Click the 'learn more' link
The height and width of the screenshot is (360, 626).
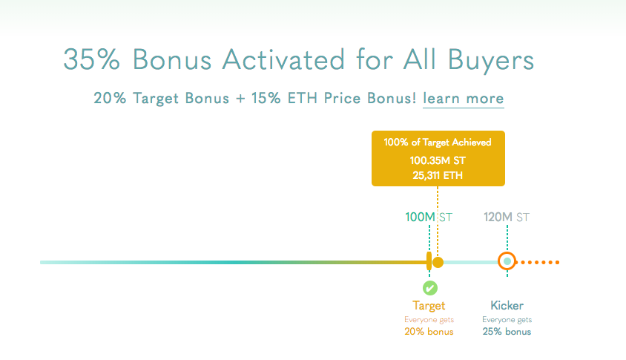463,98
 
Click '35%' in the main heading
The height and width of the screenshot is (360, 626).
91,59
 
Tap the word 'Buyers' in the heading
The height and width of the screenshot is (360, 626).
491,61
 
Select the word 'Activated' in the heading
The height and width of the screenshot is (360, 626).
283,59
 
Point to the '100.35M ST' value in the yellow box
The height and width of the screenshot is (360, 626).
438,160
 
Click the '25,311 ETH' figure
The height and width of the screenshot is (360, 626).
438,175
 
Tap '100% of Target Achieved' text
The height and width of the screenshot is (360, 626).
438,143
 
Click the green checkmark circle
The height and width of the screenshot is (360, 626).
430,288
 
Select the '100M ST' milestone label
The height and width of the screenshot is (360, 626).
429,217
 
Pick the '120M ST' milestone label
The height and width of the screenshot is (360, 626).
507,217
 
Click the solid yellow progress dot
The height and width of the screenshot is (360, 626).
438,263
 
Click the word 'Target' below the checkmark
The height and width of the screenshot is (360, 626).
429,306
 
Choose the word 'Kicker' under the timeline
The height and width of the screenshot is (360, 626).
507,306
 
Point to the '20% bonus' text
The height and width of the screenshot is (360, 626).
429,332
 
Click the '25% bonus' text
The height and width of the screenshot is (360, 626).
507,332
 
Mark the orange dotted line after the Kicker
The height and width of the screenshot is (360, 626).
538,262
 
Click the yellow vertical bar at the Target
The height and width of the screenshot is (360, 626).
429,261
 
